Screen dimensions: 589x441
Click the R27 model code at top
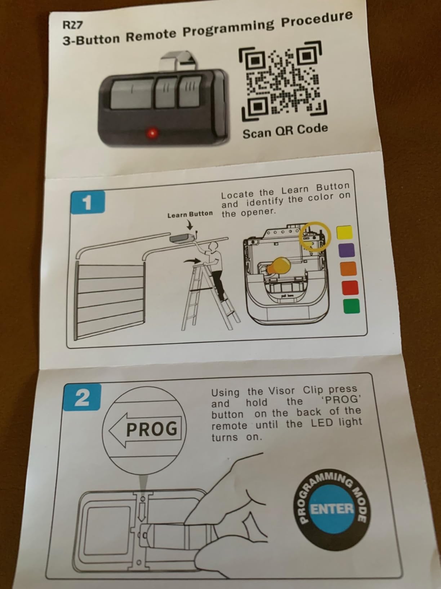(x=73, y=25)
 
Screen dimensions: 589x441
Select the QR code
(x=282, y=82)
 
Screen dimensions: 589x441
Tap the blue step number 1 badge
(x=88, y=202)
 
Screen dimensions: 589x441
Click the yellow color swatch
(x=344, y=232)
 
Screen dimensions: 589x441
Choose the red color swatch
(x=350, y=288)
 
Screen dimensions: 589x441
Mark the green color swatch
(x=351, y=306)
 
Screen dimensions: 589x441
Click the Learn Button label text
(x=190, y=214)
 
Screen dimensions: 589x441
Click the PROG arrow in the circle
(x=145, y=428)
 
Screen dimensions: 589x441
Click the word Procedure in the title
(x=317, y=20)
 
